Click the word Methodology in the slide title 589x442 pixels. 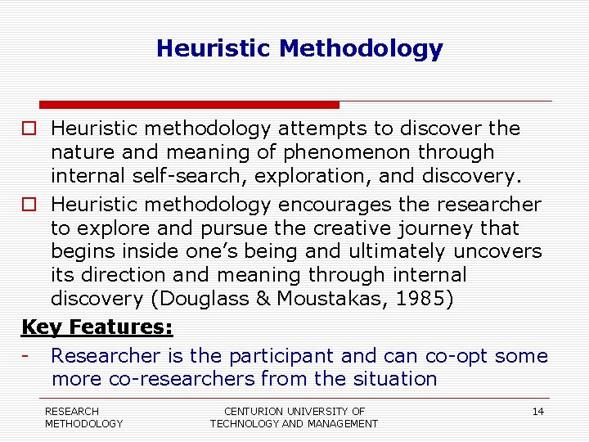tap(361, 49)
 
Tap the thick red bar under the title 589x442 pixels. tap(189, 105)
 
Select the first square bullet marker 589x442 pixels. tap(29, 129)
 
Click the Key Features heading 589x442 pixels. tap(97, 327)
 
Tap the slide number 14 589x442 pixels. tap(537, 412)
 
